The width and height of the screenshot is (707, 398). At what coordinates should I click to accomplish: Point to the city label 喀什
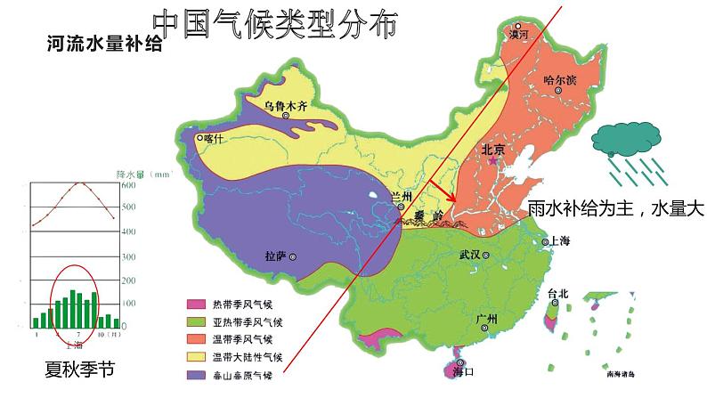coord(215,138)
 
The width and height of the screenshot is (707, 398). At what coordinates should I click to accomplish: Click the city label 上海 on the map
coord(560,241)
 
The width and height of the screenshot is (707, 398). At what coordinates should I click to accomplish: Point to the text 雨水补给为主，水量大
coord(615,209)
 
